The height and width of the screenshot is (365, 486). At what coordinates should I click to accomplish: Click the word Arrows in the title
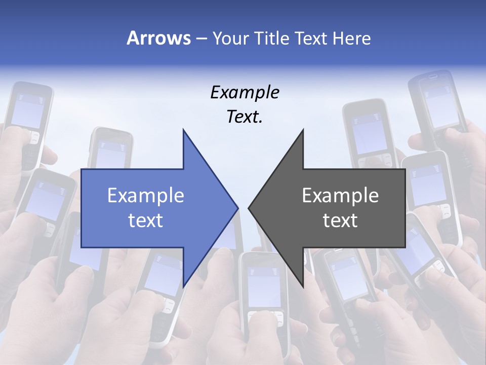(158, 38)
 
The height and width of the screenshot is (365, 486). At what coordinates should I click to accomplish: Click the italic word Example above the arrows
(245, 92)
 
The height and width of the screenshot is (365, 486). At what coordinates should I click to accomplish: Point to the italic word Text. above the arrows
(245, 117)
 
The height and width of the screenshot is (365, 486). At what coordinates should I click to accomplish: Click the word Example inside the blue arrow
(146, 195)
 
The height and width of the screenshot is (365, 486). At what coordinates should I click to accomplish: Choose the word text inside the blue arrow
(146, 220)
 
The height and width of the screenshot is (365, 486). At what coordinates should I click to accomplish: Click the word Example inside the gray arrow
(340, 195)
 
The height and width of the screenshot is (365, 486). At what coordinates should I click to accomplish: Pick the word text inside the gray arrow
(340, 220)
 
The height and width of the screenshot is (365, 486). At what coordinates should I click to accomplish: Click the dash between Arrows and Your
(201, 39)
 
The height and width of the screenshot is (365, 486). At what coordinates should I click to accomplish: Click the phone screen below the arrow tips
(264, 286)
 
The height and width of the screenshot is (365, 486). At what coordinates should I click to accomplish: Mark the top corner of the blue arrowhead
(183, 130)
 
